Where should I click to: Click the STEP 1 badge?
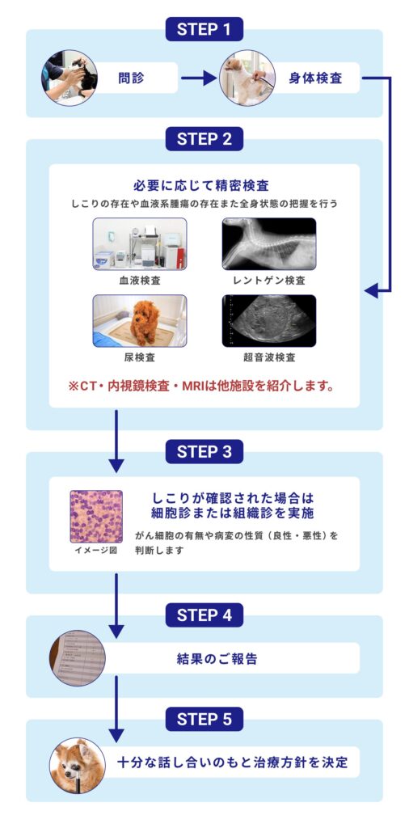point(204,30)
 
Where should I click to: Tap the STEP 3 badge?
point(204,451)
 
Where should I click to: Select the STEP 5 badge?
point(204,719)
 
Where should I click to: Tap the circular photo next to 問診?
point(70,78)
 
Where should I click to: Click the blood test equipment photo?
point(139,243)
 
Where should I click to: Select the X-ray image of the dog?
point(269,243)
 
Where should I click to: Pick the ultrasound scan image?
point(269,321)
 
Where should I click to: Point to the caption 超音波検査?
point(269,357)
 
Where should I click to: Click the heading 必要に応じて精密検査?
point(204,186)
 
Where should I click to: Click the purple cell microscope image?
point(96,516)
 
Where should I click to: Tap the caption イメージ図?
point(96,551)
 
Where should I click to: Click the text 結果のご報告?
point(217,658)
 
